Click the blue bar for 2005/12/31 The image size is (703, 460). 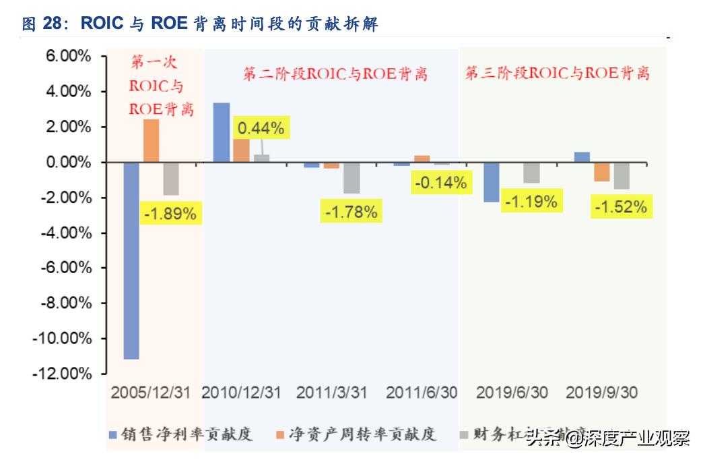[x=131, y=260]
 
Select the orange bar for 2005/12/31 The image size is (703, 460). [x=152, y=141]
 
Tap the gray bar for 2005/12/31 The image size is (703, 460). [x=171, y=179]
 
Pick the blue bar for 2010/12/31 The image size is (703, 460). [x=222, y=133]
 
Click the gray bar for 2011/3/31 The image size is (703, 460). [x=351, y=178]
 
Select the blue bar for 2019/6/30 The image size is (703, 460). [x=492, y=182]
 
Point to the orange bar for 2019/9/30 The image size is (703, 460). [x=602, y=172]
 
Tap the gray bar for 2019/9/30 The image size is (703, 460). [x=622, y=175]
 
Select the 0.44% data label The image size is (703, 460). [x=260, y=127]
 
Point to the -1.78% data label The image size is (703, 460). [x=351, y=212]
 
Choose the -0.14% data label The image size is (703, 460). [x=440, y=182]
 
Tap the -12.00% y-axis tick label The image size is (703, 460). [x=61, y=373]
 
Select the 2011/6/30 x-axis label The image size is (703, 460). [x=422, y=393]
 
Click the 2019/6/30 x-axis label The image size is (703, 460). [x=512, y=393]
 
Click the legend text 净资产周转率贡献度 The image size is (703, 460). [x=362, y=434]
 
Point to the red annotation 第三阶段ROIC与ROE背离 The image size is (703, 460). [x=558, y=74]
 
